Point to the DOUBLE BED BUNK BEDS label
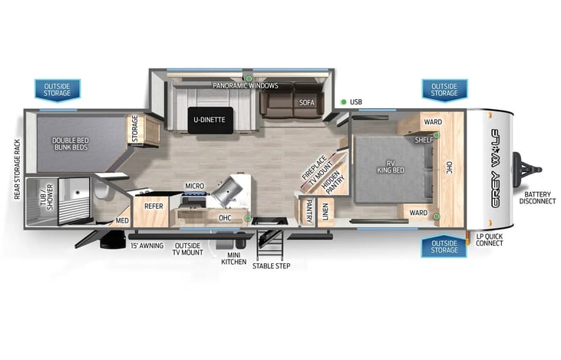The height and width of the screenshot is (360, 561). click(73, 144)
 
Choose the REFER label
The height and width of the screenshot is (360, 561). click(153, 206)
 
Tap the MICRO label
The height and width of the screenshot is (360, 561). click(193, 187)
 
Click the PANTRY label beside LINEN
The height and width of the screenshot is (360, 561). click(308, 209)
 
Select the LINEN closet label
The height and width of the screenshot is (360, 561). click(325, 209)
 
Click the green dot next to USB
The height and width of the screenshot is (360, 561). click(343, 102)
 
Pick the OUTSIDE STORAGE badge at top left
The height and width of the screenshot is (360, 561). click(57, 90)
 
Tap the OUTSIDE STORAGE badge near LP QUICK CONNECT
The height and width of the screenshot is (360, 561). click(444, 246)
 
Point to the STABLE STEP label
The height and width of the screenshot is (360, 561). click(272, 266)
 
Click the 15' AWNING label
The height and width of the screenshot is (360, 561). click(147, 246)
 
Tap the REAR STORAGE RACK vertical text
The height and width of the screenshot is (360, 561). click(16, 170)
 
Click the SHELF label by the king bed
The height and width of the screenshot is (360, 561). click(424, 140)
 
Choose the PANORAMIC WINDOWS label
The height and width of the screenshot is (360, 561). click(246, 86)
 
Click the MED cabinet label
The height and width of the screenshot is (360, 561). click(122, 221)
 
